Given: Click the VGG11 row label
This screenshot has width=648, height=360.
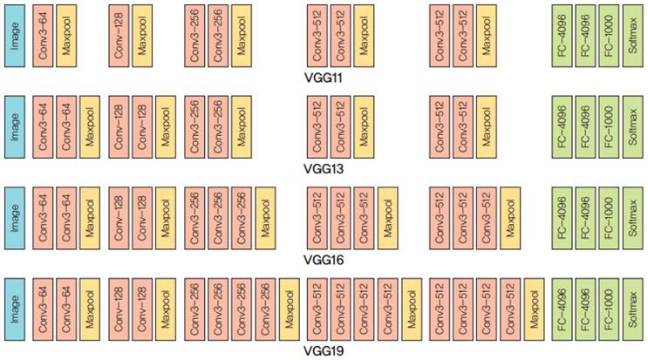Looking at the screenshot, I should point(324,78).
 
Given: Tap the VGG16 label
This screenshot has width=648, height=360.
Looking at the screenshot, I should point(324,260).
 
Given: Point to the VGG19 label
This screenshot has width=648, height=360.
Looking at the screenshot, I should point(324,351).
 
